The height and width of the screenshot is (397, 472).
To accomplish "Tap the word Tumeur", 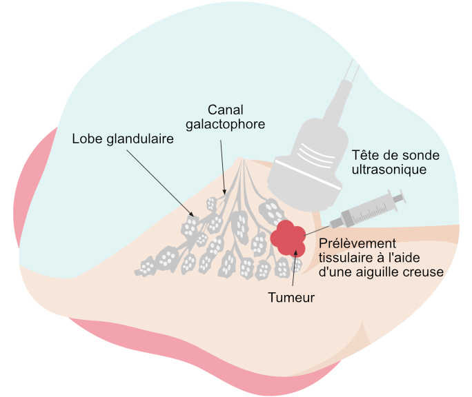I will click(291, 298).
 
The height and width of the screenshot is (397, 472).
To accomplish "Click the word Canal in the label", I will click(226, 110).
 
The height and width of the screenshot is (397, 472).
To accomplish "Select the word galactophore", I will click(226, 124).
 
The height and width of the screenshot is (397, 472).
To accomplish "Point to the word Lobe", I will click(86, 139).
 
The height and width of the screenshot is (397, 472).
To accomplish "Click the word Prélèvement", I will click(357, 245).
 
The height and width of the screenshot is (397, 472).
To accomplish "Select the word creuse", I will click(426, 272).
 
